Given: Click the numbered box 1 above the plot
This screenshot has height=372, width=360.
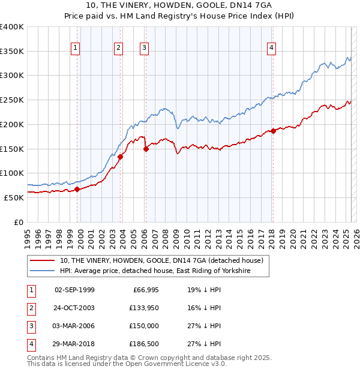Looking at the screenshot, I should tap(76, 49).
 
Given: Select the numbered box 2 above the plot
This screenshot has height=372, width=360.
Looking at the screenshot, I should tap(119, 49).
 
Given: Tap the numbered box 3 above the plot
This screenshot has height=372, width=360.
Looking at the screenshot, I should tap(145, 49).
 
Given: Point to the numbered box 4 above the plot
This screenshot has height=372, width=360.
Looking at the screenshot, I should tap(272, 49).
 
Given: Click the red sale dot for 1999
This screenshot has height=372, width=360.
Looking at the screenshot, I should tap(77, 189).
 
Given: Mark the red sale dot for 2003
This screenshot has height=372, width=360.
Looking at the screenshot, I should tap(121, 157).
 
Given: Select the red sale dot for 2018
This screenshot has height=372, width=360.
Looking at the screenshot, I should tap(273, 131).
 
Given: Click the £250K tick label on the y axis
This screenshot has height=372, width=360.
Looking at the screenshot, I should tap(12, 100).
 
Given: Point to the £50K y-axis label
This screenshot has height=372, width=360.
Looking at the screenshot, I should tap(14, 197).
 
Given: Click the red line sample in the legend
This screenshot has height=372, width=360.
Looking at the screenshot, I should tap(43, 261).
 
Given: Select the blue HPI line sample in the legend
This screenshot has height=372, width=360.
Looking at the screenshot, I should tap(43, 271).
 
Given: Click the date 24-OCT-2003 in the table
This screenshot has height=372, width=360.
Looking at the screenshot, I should tap(74, 308).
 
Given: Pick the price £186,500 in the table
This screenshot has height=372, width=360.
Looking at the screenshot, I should tap(144, 344).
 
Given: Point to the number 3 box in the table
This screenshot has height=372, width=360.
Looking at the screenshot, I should tap(30, 326).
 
